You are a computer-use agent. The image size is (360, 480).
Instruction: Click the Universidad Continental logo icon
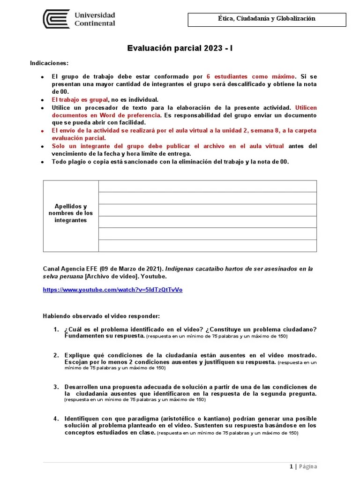point(56,19)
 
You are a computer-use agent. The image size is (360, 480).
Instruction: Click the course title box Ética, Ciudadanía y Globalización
point(266,19)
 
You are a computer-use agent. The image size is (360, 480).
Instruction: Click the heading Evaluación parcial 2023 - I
point(180,48)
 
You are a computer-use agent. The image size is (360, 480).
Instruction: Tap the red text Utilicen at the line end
point(306,108)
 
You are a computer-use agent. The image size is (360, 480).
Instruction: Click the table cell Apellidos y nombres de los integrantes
point(71,213)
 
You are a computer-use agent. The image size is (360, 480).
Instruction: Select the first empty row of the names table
point(207,186)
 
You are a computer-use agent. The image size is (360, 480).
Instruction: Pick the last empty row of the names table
point(207,246)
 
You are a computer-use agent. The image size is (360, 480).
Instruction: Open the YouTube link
point(112,290)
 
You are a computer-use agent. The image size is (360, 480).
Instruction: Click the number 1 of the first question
point(55,329)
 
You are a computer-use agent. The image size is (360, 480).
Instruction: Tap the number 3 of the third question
point(55,387)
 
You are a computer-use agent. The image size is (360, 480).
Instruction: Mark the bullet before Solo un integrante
point(42,147)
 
